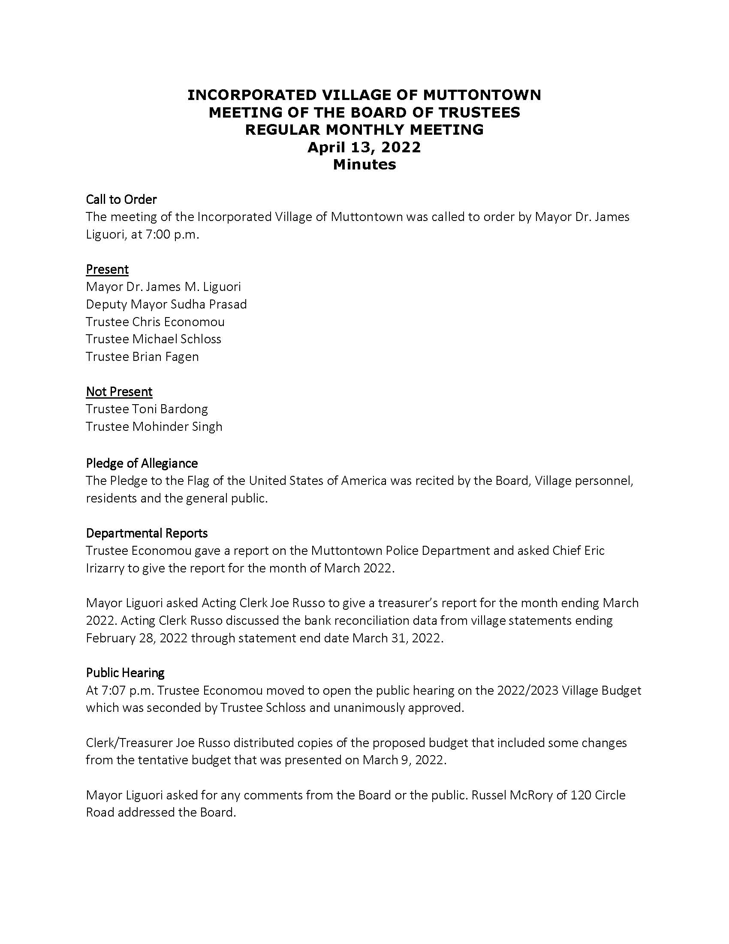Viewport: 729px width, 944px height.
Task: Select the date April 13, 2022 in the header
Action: pyautogui.click(x=364, y=147)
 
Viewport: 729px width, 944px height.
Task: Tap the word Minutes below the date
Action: pyautogui.click(x=364, y=164)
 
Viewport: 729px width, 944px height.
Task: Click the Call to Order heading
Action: pyautogui.click(x=121, y=199)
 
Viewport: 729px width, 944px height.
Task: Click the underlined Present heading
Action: pyautogui.click(x=107, y=269)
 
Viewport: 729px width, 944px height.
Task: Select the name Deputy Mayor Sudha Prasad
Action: pyautogui.click(x=166, y=304)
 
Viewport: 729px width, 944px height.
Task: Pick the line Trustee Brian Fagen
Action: pyautogui.click(x=142, y=357)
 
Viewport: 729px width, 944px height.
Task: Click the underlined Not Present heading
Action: pyautogui.click(x=119, y=392)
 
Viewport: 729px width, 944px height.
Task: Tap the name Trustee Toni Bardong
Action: pyautogui.click(x=147, y=409)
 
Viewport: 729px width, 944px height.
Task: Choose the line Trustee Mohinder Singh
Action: pyautogui.click(x=154, y=427)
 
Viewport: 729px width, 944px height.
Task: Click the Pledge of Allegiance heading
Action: pyautogui.click(x=142, y=463)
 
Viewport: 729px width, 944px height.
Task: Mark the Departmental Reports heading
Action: pyautogui.click(x=147, y=533)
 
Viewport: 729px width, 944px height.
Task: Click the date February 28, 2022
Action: pyautogui.click(x=136, y=638)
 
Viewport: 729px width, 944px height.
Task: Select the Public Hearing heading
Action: pyautogui.click(x=125, y=673)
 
